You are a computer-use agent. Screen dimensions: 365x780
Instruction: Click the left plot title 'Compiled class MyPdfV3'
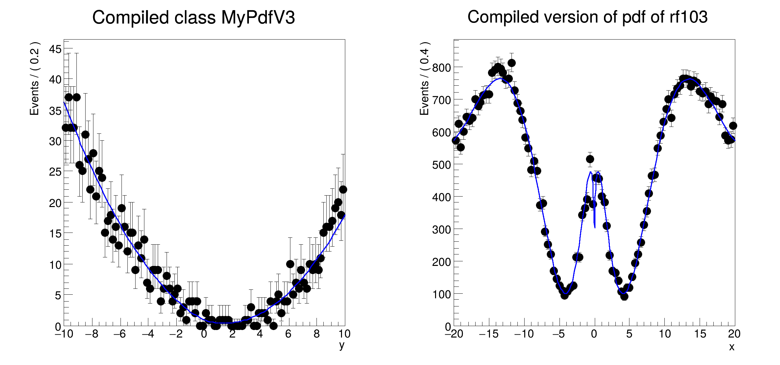pos(193,17)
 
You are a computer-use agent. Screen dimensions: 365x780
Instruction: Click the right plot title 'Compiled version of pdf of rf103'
pos(587,17)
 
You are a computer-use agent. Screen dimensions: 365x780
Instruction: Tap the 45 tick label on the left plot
pos(55,49)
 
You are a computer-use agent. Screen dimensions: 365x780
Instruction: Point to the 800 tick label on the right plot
pos(441,68)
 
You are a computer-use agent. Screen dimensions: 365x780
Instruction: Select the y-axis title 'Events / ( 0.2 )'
pos(34,78)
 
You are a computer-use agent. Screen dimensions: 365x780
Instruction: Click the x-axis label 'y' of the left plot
pos(342,345)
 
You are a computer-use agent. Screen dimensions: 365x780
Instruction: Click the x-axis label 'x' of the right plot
pos(732,347)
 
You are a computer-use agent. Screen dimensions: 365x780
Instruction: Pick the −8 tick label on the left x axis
pos(91,334)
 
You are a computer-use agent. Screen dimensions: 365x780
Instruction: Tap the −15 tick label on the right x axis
pos(489,334)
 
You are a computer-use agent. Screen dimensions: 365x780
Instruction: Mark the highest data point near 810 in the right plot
pos(512,63)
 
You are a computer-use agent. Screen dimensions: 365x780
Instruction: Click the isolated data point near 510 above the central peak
pos(590,159)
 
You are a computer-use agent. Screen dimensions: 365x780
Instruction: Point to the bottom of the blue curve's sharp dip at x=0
pos(594,227)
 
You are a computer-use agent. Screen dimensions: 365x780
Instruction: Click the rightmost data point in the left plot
pos(343,189)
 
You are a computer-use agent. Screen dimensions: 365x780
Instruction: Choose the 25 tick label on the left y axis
pos(55,172)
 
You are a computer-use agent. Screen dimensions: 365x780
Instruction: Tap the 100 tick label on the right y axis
pos(441,294)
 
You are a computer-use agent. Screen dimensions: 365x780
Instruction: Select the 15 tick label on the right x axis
pos(700,334)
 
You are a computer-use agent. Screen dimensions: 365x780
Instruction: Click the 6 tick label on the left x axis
pos(288,334)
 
